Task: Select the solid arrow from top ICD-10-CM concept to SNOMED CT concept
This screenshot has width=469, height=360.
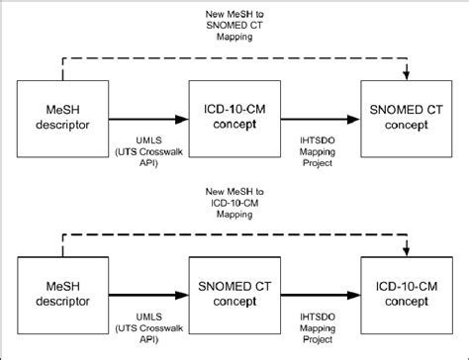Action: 317,119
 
